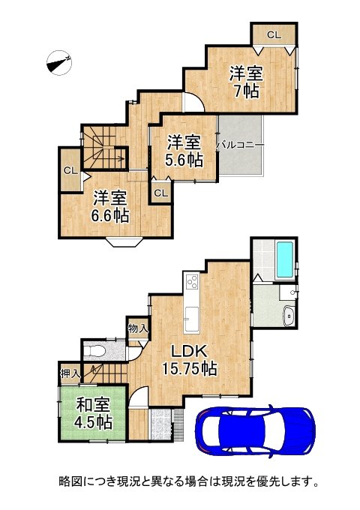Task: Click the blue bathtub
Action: coord(286,258)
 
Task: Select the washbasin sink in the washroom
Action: coord(288,316)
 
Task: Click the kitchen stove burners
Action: coord(191,283)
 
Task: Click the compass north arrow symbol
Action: coord(58,62)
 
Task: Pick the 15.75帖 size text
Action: coord(190,368)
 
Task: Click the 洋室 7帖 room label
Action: coord(245,82)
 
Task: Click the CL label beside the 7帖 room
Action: coord(273,34)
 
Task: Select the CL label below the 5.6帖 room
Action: coord(160,193)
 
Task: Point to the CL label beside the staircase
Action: coord(70,170)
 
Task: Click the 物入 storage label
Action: coord(137,328)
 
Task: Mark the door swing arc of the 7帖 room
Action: coord(193,104)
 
